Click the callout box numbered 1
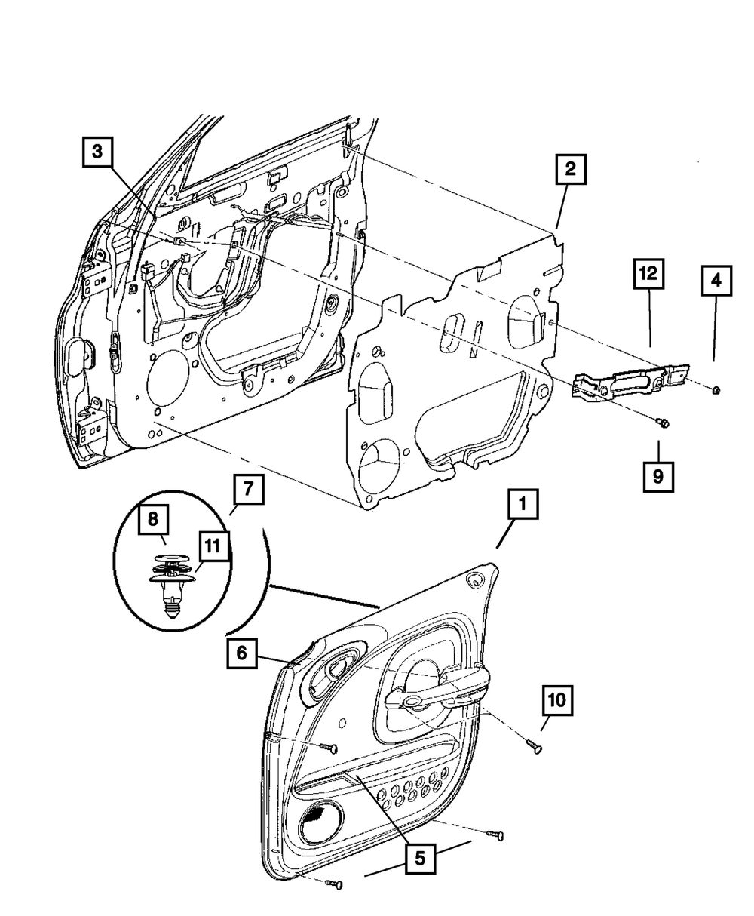point(523,506)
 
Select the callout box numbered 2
point(571,170)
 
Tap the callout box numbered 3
point(97,152)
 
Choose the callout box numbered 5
point(420,857)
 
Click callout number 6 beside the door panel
point(241,654)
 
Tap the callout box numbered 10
point(556,702)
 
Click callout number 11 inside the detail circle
point(213,546)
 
